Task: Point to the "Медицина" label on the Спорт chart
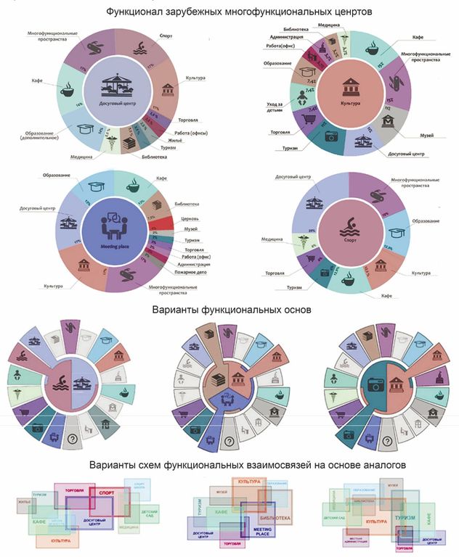click(272, 239)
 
